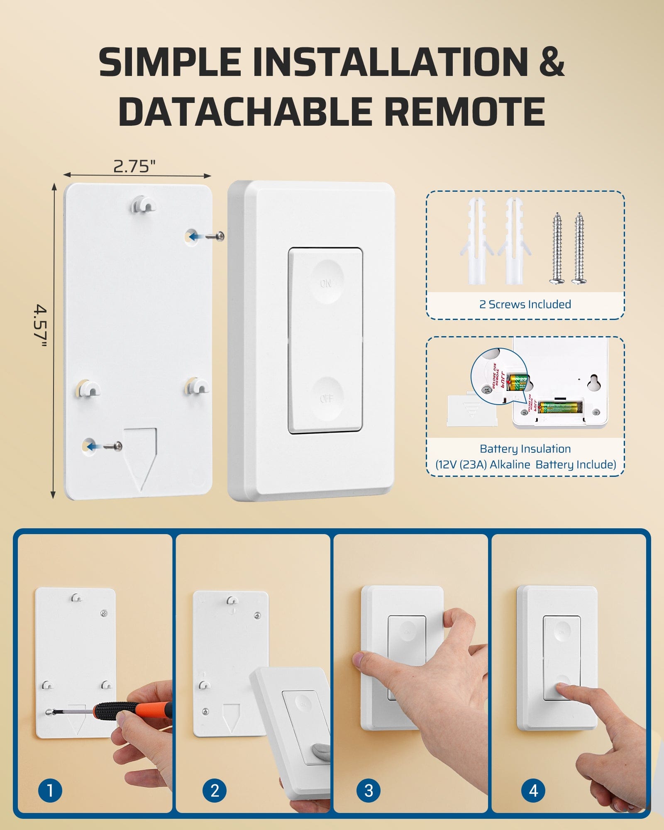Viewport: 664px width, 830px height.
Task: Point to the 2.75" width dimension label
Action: tap(134, 166)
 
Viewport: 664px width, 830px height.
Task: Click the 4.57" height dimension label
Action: tap(40, 325)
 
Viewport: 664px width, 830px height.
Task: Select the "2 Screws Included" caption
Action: tap(525, 304)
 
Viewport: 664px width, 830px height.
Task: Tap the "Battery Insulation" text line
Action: tap(525, 449)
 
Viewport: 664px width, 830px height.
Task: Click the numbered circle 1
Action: tap(50, 790)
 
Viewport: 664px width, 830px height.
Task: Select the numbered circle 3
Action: tap(369, 790)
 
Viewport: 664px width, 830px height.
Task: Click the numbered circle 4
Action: tap(533, 790)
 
